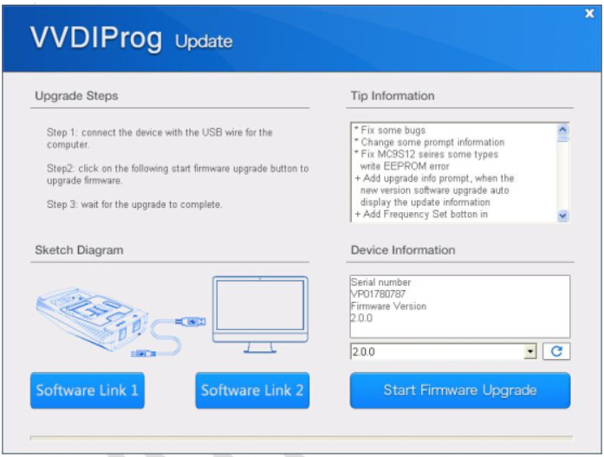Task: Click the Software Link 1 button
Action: pyautogui.click(x=88, y=390)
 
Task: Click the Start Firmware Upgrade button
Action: pyautogui.click(x=460, y=390)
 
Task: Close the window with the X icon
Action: pyautogui.click(x=589, y=14)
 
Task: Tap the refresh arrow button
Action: pyautogui.click(x=556, y=351)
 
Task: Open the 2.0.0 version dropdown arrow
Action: pyautogui.click(x=530, y=351)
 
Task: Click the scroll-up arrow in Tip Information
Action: pyautogui.click(x=562, y=129)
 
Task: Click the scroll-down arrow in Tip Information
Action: pyautogui.click(x=562, y=216)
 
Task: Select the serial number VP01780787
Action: pyautogui.click(x=378, y=294)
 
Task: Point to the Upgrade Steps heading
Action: pyautogui.click(x=76, y=96)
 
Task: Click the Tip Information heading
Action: pyautogui.click(x=393, y=96)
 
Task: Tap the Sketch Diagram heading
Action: pyautogui.click(x=79, y=250)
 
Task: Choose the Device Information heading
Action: pyautogui.click(x=403, y=250)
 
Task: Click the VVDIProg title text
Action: pyautogui.click(x=96, y=38)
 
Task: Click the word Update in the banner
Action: pyautogui.click(x=204, y=42)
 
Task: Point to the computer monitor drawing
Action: pyautogui.click(x=260, y=314)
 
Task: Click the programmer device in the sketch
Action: pyautogui.click(x=93, y=319)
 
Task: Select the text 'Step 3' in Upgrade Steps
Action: pyautogui.click(x=62, y=204)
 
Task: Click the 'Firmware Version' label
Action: pyautogui.click(x=389, y=306)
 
